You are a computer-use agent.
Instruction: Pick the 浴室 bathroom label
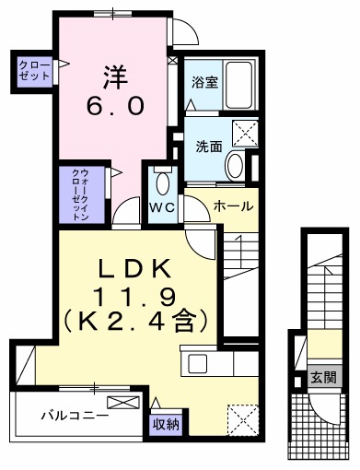(203, 82)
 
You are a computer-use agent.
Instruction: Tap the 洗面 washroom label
(207, 145)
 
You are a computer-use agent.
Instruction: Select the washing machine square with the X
(243, 133)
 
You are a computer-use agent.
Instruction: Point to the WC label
(163, 206)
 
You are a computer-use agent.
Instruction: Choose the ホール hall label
(232, 206)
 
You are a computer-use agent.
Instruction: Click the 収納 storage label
(166, 424)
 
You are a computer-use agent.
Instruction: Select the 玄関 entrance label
(322, 376)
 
